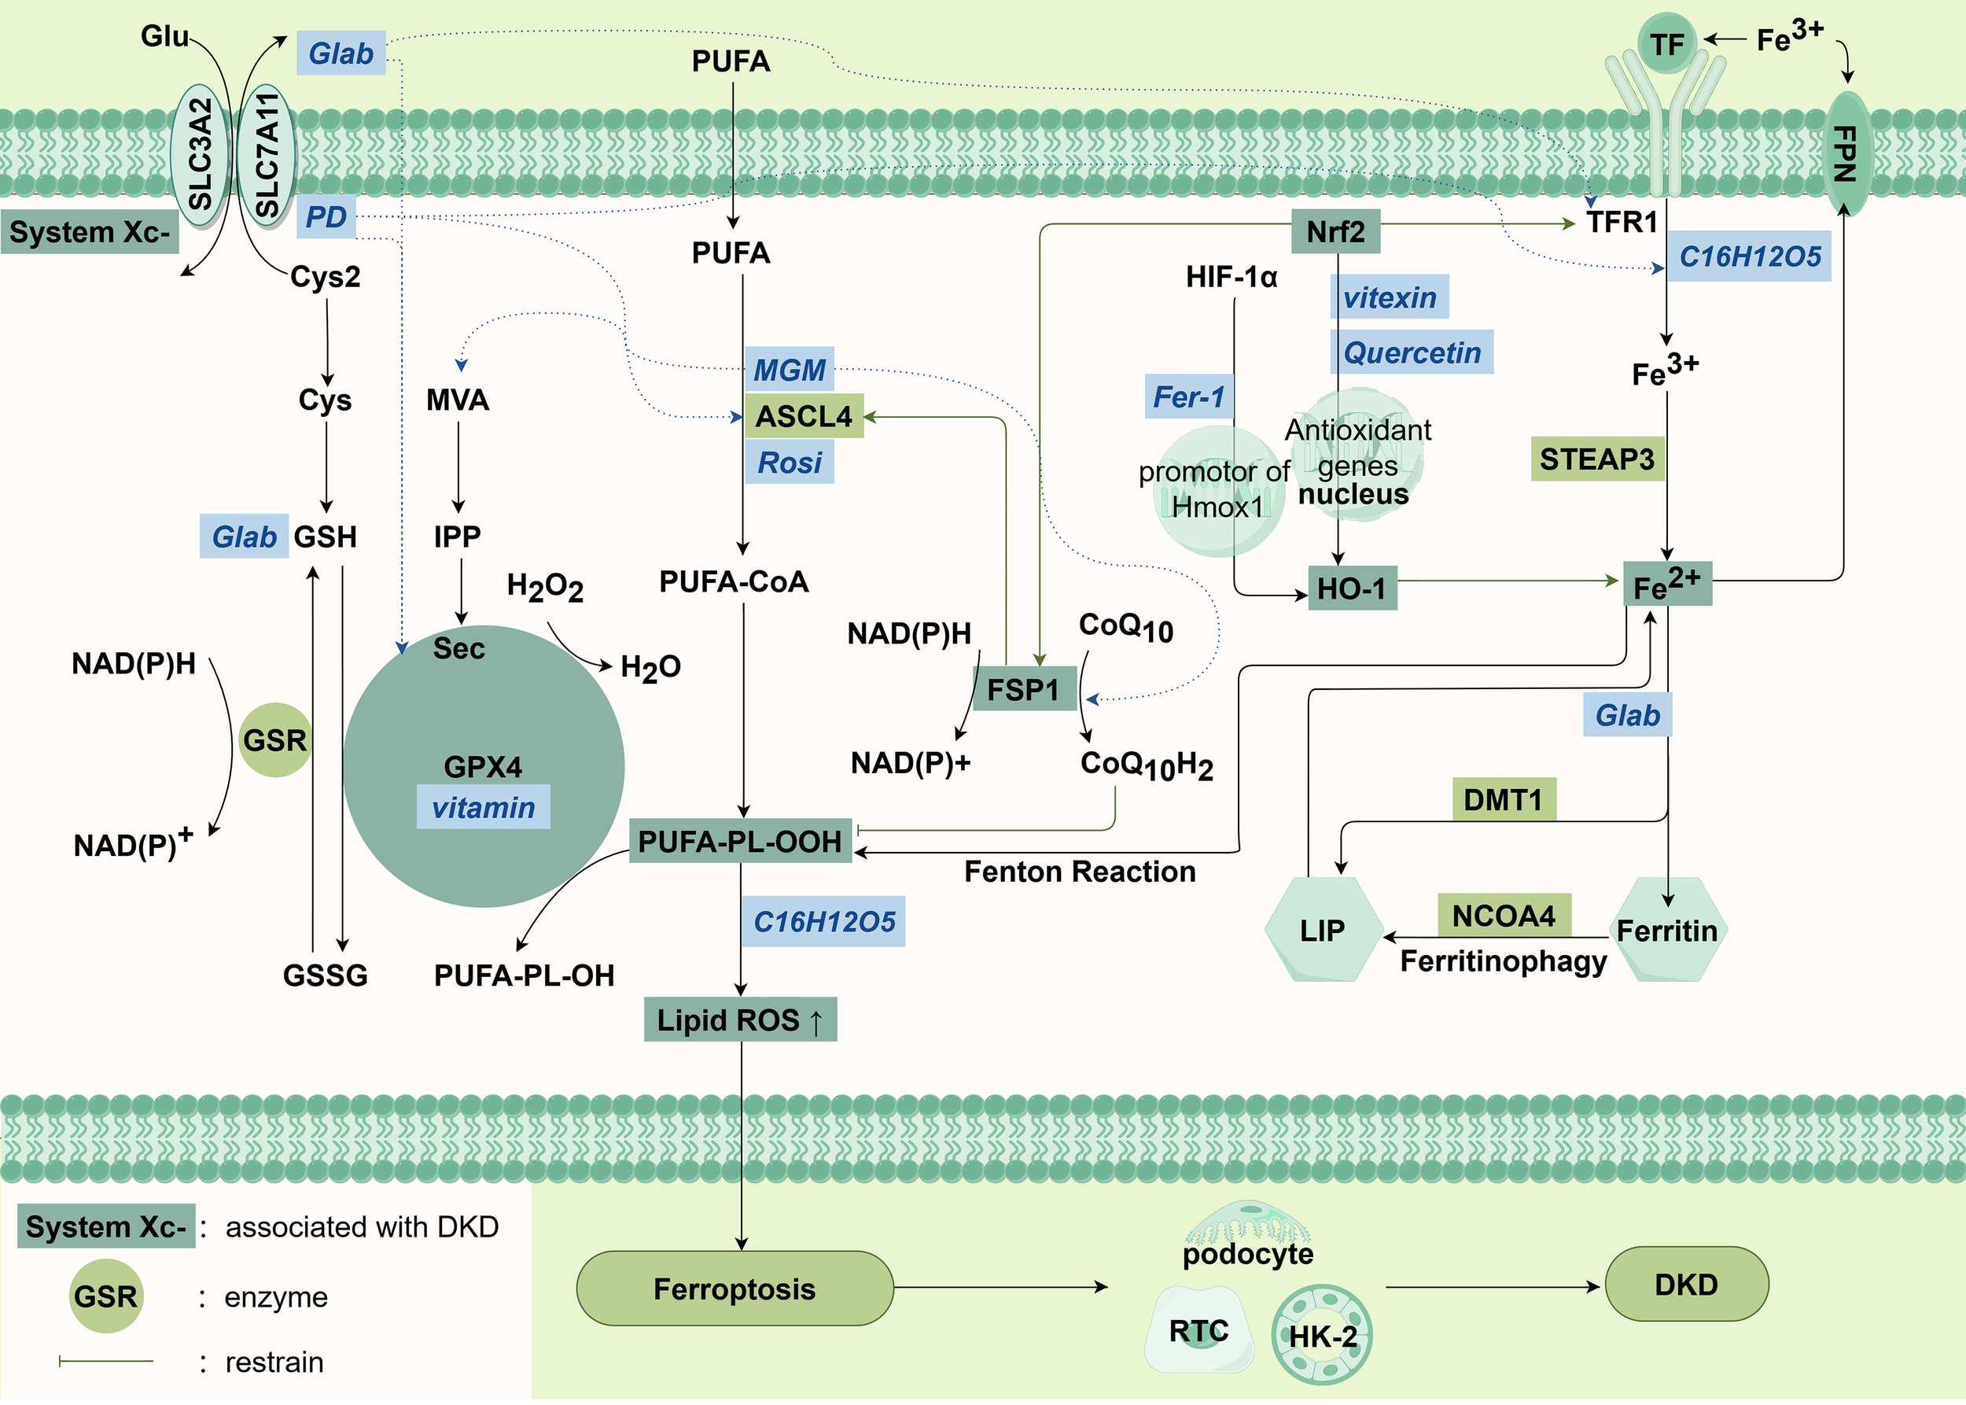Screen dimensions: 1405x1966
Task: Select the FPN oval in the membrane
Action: (1846, 154)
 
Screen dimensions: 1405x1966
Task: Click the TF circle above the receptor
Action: (1666, 43)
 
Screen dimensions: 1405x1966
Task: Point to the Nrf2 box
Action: (1335, 231)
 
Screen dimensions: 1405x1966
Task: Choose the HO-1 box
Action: (1351, 589)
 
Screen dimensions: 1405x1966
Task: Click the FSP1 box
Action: (1023, 690)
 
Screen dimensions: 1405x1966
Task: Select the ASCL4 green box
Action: (804, 416)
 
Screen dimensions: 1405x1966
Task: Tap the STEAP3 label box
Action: (1596, 459)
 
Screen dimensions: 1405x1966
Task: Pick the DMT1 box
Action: (1504, 799)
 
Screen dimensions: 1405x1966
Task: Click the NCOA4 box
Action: (1504, 916)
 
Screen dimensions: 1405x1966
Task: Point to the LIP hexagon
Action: (1322, 930)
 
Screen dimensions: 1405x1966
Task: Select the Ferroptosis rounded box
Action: (734, 1289)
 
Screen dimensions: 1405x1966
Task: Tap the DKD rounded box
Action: (1686, 1285)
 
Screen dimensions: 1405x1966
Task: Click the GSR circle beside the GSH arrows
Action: (274, 739)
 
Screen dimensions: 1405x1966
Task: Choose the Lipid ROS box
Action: (739, 1020)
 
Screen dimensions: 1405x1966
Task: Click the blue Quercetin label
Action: (1412, 352)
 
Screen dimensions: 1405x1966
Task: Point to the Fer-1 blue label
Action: (1188, 396)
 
